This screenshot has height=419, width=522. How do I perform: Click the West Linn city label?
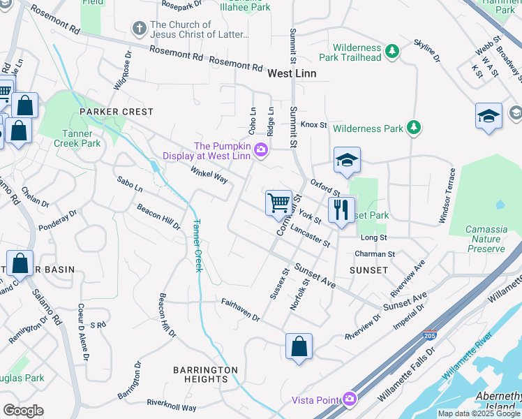(x=292, y=73)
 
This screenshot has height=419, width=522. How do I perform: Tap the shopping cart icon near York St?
(x=279, y=203)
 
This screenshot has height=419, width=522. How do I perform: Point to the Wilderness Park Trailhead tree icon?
(x=392, y=51)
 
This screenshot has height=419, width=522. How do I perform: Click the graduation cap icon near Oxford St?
(x=347, y=161)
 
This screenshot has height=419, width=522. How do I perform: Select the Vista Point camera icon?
(x=350, y=399)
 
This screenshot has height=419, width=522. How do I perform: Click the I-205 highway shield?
(x=431, y=337)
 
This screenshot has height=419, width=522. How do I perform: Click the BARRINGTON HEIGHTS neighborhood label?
(x=205, y=374)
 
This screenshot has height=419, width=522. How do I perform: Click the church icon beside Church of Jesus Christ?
(x=139, y=29)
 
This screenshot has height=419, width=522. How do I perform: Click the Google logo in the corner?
(x=23, y=410)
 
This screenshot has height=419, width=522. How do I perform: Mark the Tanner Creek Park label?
(x=77, y=138)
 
